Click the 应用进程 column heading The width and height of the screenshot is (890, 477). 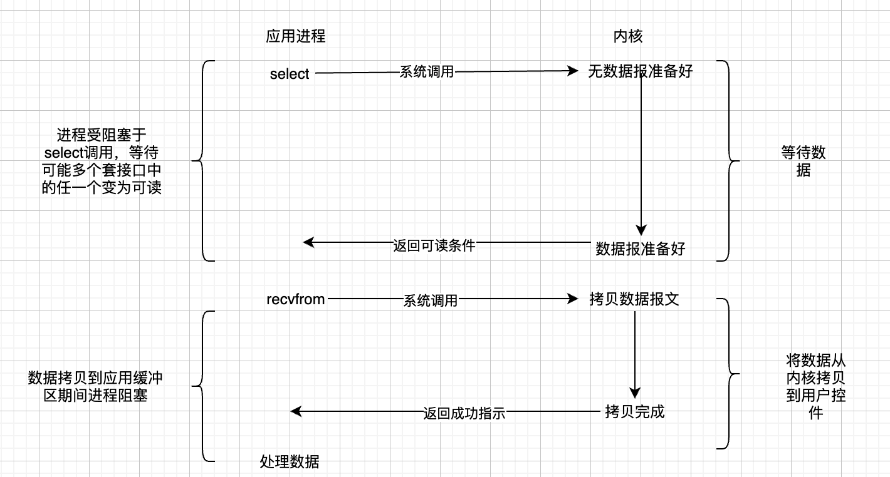coord(295,36)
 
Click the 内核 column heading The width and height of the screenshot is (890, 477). coord(627,36)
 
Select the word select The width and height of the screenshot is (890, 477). coord(290,74)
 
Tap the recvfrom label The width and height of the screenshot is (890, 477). coord(296,299)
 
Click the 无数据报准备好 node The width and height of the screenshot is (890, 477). coord(640,71)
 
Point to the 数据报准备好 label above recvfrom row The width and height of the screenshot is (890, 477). coord(640,249)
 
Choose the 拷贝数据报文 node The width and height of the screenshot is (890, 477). coord(634,299)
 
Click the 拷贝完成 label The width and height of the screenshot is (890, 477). coord(634,412)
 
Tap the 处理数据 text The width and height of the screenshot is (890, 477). coord(290,462)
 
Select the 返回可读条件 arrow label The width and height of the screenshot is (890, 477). coord(434,245)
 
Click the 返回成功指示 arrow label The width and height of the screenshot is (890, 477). coord(464,413)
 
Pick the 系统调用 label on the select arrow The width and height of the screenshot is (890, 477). coord(426,71)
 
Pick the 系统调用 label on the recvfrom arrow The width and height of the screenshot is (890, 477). coord(430,301)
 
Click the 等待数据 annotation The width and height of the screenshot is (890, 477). coord(803,161)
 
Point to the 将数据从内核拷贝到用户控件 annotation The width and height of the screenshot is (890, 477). coord(815,387)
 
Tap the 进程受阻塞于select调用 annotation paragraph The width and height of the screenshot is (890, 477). coord(102,161)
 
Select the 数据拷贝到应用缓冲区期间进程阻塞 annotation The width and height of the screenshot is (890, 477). coord(95,386)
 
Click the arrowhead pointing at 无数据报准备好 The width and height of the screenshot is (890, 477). coord(572,71)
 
